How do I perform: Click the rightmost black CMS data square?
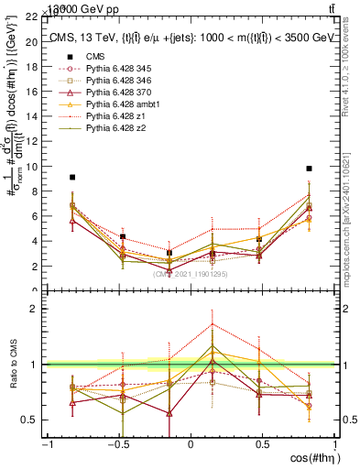tap(310, 169)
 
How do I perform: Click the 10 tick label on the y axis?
tap(33, 167)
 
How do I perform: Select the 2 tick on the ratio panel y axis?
tap(37, 309)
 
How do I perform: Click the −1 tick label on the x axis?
tap(46, 444)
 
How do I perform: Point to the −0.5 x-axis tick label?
tap(117, 444)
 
